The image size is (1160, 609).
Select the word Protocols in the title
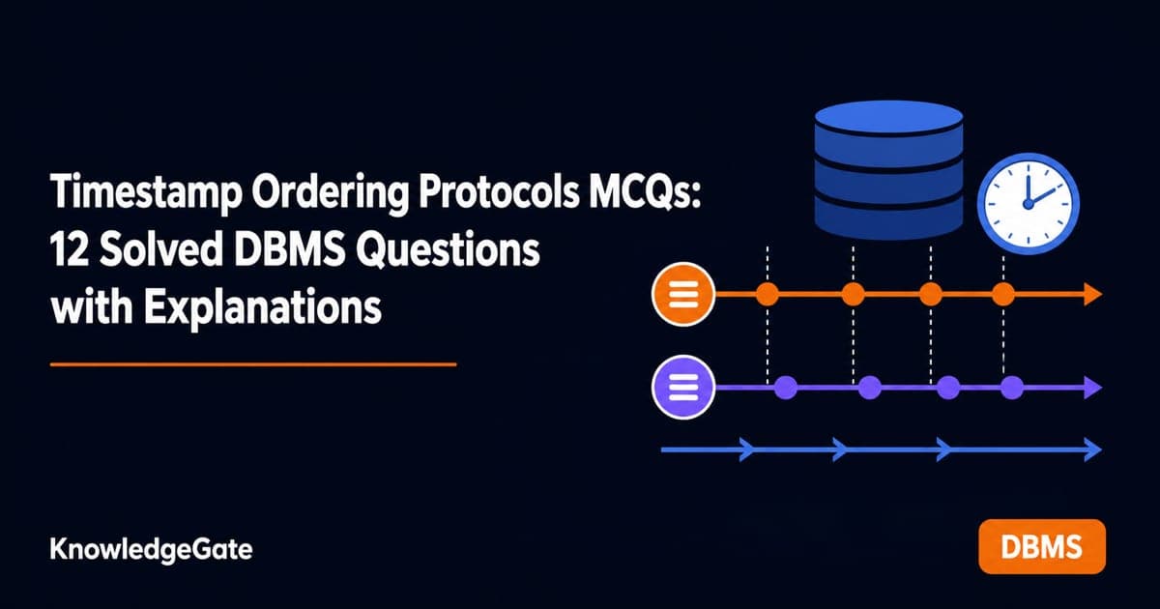point(498,191)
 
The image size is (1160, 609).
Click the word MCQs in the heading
point(644,192)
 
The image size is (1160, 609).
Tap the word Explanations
point(263,307)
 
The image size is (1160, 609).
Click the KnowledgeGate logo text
point(151,549)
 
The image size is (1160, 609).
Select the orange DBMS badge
point(1042,546)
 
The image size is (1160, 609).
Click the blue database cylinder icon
point(888,170)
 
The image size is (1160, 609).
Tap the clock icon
point(1029,204)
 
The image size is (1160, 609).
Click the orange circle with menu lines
point(683,294)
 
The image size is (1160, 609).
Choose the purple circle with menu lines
point(683,387)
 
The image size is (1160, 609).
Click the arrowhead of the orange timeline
point(1092,294)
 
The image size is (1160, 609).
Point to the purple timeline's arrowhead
point(1092,388)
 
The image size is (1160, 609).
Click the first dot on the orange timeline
point(768,294)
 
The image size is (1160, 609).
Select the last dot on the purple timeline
point(1012,388)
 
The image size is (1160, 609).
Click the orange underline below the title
point(253,364)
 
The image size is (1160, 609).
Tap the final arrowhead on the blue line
point(1092,449)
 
